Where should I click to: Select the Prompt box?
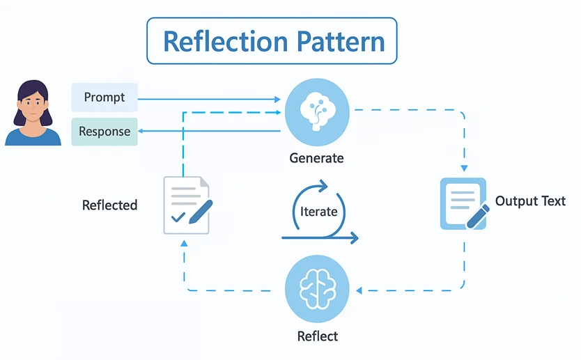point(104,97)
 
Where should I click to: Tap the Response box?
point(104,132)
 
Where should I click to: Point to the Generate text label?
point(316,158)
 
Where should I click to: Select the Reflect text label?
point(317,336)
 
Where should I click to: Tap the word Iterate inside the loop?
point(318,211)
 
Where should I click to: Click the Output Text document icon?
point(463,204)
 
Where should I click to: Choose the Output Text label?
point(530,201)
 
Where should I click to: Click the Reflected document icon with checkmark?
point(187,205)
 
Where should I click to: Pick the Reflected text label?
point(109,205)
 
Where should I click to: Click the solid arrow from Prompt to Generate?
point(209,99)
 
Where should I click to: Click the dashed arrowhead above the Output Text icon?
point(464,169)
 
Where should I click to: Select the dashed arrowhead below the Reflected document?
point(184,242)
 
